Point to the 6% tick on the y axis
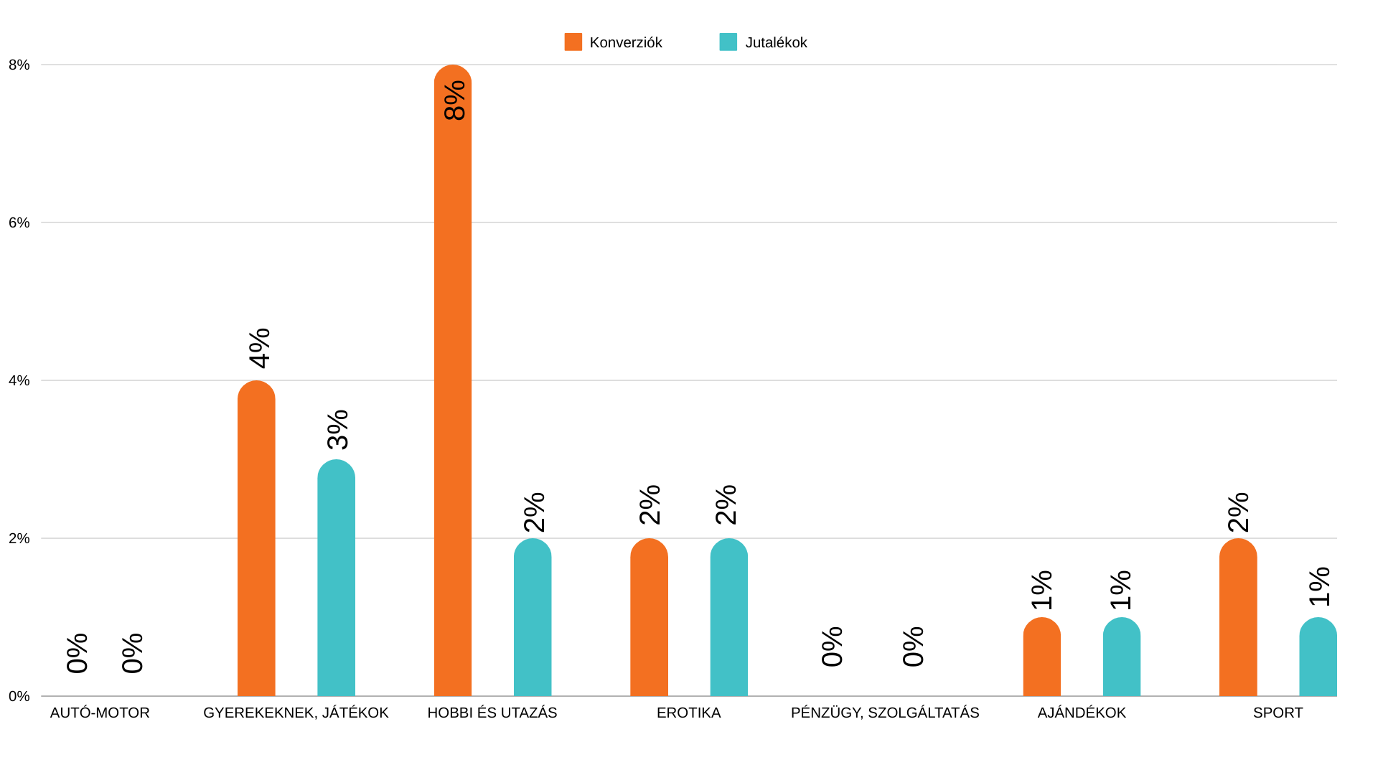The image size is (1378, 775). click(x=19, y=222)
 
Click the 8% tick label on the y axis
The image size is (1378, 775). click(x=19, y=65)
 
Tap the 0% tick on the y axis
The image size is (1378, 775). click(x=19, y=696)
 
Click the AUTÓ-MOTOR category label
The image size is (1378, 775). click(x=100, y=713)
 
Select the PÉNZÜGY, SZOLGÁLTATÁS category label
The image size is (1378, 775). click(x=885, y=713)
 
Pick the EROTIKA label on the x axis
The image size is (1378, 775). click(x=688, y=713)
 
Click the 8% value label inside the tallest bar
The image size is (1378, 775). click(x=455, y=100)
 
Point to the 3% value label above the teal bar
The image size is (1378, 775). click(x=338, y=429)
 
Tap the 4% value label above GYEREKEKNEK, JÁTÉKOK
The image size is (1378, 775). click(x=260, y=348)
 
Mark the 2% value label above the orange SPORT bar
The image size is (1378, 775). click(x=1239, y=512)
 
